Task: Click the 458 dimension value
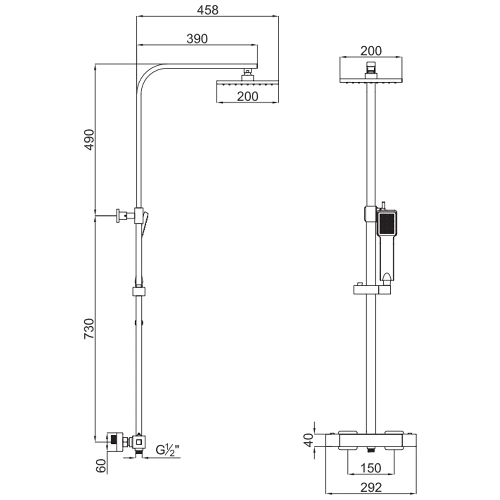coord(207,10)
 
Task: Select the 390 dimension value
coord(197,39)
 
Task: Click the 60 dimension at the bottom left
coord(102,466)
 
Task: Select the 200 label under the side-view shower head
coord(248,96)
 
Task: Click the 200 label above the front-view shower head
coord(371,50)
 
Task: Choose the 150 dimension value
coord(370,468)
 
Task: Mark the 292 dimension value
coord(370,487)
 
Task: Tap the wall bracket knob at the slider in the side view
coord(120,216)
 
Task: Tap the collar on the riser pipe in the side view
coord(139,292)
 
